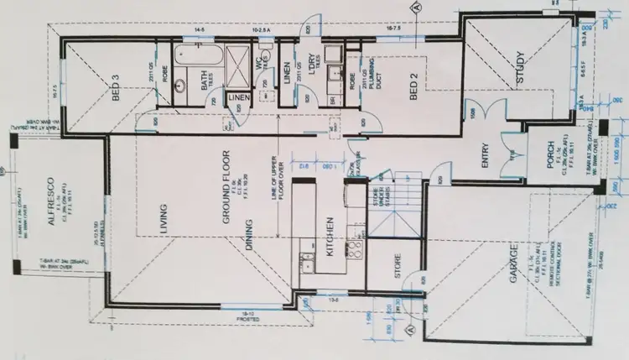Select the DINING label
point(249,236)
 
